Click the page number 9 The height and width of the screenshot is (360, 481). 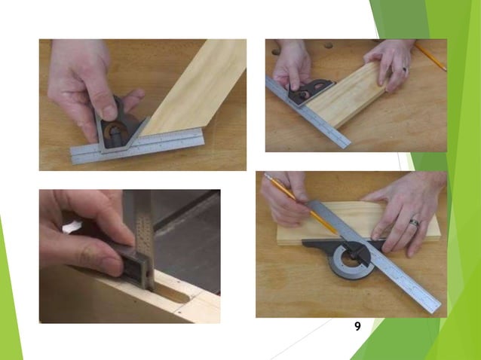[357, 326]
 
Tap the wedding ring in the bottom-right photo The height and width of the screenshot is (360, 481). [414, 223]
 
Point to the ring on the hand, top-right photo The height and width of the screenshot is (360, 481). [404, 69]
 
